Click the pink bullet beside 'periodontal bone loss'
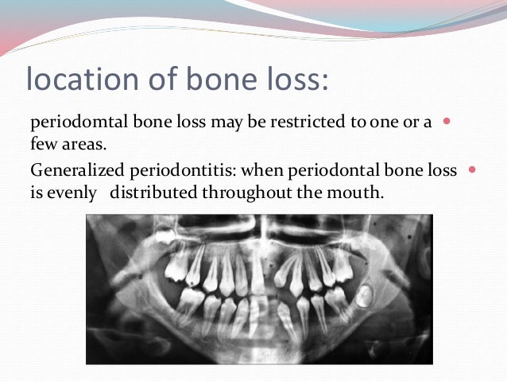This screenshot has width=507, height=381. (x=473, y=169)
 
